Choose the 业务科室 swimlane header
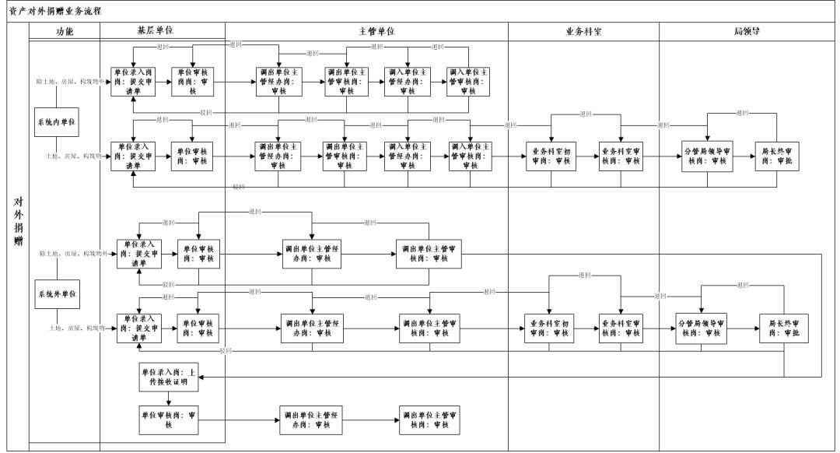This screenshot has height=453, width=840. [583, 31]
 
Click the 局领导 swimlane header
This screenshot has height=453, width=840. [747, 31]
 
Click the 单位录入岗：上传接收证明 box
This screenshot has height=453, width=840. [170, 377]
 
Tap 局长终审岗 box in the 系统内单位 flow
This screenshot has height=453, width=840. [778, 156]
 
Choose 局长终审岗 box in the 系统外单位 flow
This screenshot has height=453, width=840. [783, 328]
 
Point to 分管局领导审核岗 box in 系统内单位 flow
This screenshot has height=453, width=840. [706, 156]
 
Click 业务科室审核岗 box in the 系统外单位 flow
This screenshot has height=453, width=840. [620, 328]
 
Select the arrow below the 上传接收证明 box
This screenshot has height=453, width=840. [170, 398]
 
